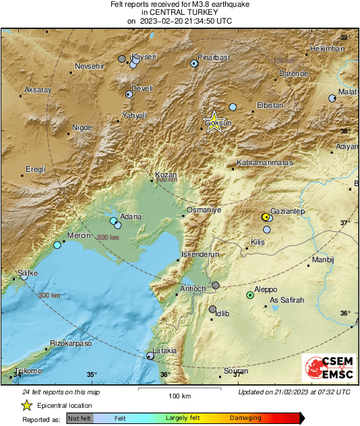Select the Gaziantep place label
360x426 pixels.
[288, 211]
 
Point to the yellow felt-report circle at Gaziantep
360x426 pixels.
[266, 217]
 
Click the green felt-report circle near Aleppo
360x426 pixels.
[250, 295]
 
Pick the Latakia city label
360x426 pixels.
[165, 351]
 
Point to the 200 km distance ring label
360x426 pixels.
[107, 237]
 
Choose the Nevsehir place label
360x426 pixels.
[90, 66]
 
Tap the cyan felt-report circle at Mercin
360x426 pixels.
[57, 245]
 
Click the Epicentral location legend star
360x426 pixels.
[26, 405]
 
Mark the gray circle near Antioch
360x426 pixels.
[216, 286]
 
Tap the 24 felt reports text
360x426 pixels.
[60, 392]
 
